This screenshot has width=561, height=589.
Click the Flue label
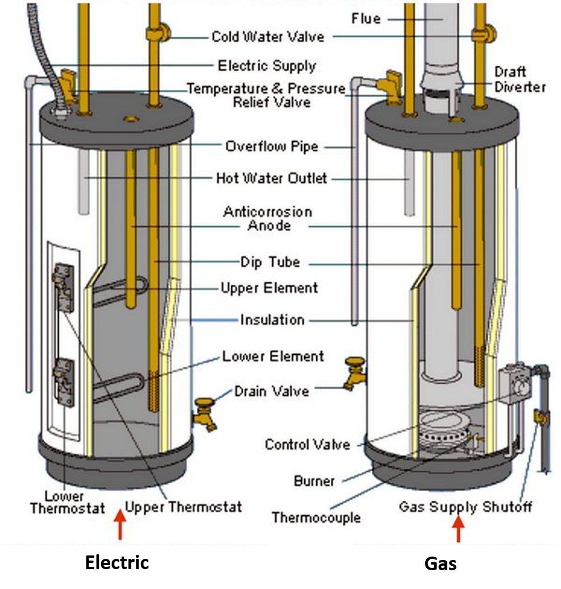(365, 19)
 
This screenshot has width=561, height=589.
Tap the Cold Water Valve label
(268, 37)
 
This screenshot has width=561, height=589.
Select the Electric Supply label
(267, 66)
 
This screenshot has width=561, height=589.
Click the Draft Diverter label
(519, 80)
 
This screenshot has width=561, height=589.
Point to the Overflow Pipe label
(271, 147)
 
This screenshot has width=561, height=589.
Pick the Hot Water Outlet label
(271, 179)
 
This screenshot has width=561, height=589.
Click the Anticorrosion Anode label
(268, 219)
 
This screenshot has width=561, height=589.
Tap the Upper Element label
(269, 288)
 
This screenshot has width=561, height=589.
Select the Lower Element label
(273, 356)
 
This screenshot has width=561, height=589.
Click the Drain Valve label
(272, 391)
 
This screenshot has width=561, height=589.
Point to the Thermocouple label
(315, 517)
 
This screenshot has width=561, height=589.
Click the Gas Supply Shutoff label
(465, 507)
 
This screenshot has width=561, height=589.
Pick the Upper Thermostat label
(183, 507)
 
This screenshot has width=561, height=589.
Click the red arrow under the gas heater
(458, 530)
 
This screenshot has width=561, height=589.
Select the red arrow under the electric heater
(119, 525)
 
